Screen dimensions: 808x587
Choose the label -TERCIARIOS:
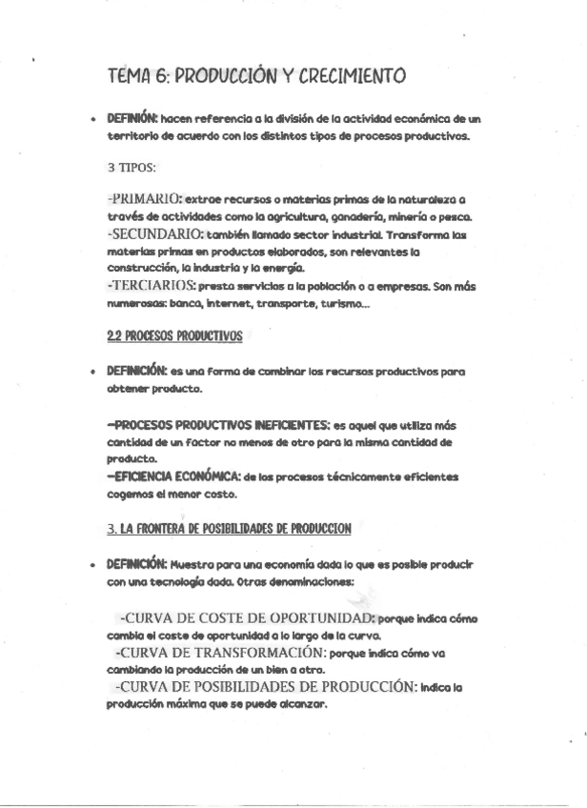click(152, 286)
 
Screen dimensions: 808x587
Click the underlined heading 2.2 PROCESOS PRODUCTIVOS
click(174, 336)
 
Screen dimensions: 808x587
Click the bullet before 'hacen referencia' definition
click(91, 121)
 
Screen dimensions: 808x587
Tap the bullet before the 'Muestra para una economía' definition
click(91, 565)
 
